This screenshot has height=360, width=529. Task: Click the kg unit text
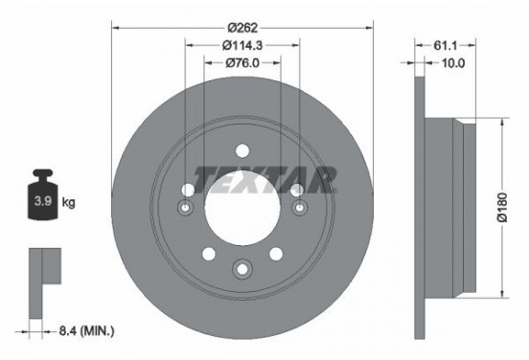(x=68, y=204)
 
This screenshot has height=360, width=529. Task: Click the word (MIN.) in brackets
(x=97, y=331)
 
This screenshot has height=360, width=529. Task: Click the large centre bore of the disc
(x=242, y=205)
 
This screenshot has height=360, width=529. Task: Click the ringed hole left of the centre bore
(x=186, y=209)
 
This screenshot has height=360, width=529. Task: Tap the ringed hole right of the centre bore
(x=300, y=209)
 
